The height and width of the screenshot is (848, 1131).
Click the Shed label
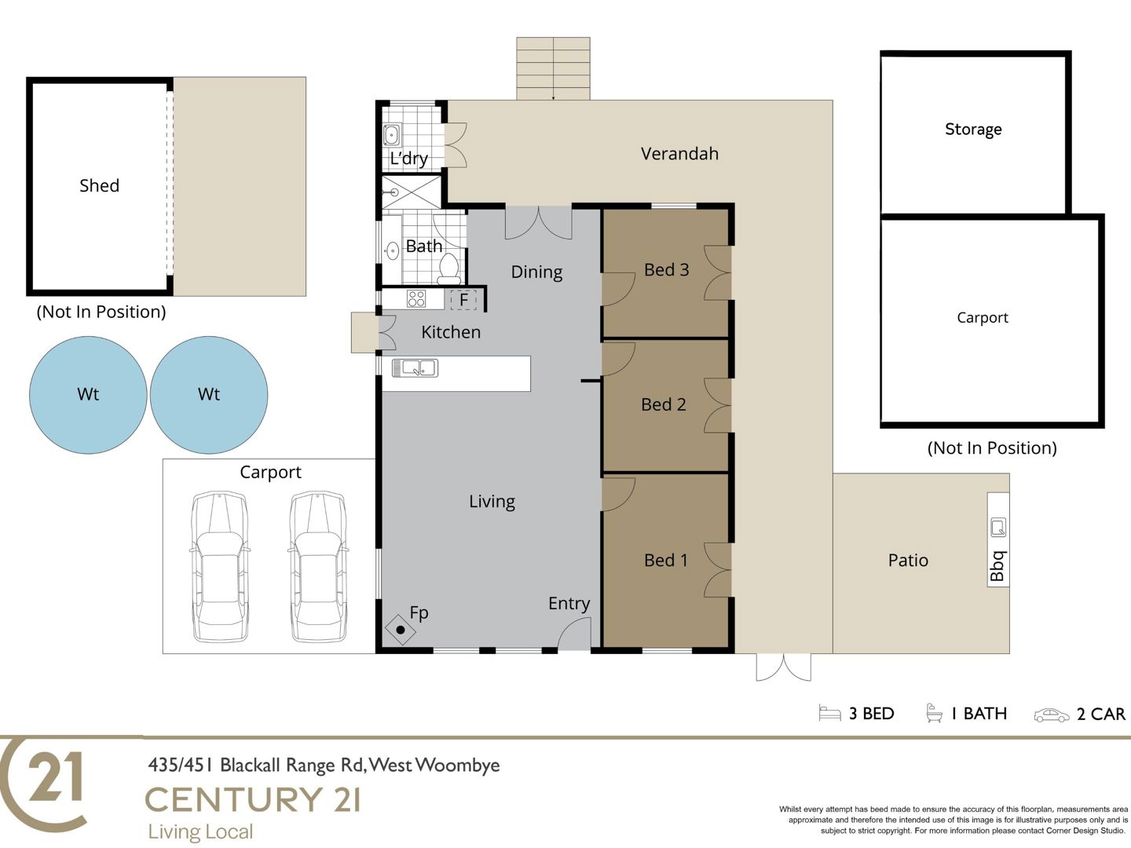99,185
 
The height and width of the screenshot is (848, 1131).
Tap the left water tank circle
88,395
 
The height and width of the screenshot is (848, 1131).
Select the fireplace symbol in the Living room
401,629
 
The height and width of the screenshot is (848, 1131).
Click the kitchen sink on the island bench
415,368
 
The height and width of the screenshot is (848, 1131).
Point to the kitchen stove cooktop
416,298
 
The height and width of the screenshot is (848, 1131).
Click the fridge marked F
463,300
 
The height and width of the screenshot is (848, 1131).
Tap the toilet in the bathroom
448,269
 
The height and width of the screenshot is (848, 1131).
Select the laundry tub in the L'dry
392,135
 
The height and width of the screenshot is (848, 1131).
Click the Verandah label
679,153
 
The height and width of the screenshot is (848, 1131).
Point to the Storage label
973,130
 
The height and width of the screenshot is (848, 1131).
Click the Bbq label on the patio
998,566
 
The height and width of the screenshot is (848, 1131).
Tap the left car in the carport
220,567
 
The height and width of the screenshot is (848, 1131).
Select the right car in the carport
317,567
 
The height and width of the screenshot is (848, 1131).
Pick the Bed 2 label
664,404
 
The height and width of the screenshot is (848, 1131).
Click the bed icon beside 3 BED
829,713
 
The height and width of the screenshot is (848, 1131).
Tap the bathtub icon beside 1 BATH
934,713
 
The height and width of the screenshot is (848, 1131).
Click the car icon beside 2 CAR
1052,715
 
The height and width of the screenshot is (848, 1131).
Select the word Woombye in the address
457,766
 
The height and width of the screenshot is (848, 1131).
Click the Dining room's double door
539,223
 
